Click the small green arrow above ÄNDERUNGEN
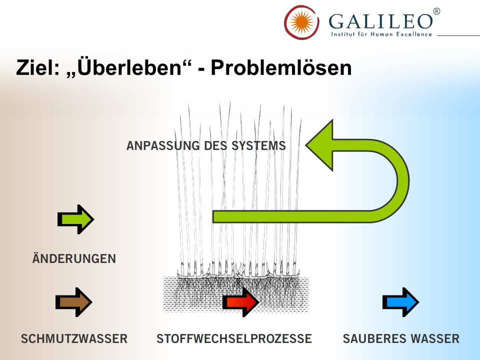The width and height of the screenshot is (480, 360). [x=75, y=219]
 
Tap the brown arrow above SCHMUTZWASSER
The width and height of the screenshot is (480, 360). [x=73, y=302]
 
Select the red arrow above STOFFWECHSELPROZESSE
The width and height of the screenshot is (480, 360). [x=240, y=302]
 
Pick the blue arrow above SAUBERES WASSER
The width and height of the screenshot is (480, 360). [x=400, y=302]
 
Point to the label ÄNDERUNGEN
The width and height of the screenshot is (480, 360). [x=74, y=259]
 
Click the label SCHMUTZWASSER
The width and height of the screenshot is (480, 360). [x=74, y=339]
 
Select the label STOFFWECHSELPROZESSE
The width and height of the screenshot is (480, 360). [x=234, y=339]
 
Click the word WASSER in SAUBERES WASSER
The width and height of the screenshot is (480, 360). [x=435, y=339]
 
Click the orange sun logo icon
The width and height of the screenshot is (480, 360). [x=301, y=22]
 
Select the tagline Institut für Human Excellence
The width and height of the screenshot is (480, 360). [x=381, y=34]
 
